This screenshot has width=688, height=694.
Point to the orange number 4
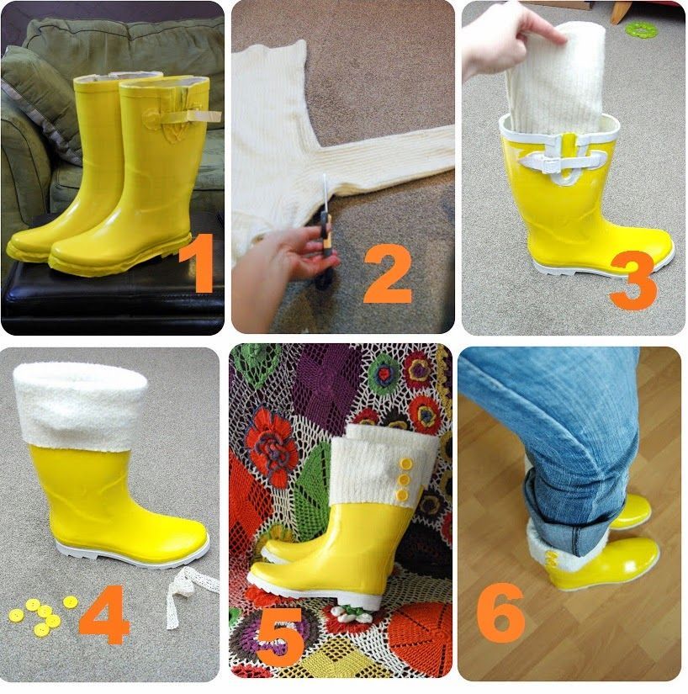[104, 614]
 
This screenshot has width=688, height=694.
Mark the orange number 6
[500, 612]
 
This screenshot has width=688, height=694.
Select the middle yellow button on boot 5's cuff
[403, 479]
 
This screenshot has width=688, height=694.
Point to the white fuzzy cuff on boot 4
[80, 405]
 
